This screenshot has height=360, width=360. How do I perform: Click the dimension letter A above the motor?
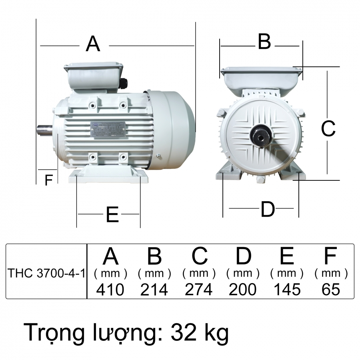point(93,44)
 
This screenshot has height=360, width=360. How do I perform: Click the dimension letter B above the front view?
point(264,42)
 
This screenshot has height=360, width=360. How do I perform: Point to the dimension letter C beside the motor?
point(328,129)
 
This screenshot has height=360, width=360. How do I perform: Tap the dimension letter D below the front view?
point(268,209)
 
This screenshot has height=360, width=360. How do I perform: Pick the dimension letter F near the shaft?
point(48,181)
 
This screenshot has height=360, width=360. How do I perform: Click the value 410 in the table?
point(110,289)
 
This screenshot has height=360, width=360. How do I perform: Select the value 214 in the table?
point(154,289)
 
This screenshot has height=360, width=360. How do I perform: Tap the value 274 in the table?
point(199,289)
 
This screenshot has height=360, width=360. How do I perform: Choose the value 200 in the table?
point(243,289)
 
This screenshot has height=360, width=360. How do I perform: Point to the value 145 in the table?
point(287,289)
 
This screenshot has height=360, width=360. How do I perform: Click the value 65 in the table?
point(330,289)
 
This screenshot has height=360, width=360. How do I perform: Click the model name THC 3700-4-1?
point(46,274)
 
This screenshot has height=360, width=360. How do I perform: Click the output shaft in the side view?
point(45,130)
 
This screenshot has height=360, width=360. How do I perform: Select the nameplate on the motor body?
point(108,130)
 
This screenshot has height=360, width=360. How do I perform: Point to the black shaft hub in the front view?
point(261,136)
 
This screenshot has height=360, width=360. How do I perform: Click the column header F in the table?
point(330,256)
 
